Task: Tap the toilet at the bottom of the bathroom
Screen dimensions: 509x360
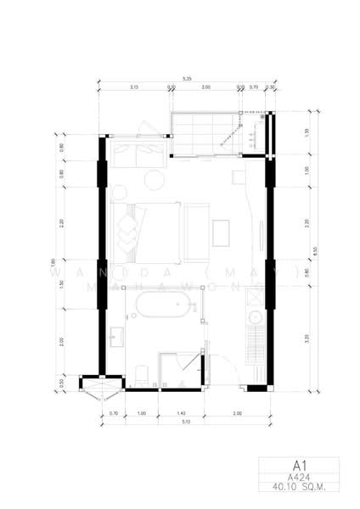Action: tap(143, 371)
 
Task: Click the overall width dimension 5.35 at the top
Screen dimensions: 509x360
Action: tap(186, 80)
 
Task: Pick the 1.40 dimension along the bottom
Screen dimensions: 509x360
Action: tap(180, 412)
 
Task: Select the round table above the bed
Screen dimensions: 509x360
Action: tap(155, 180)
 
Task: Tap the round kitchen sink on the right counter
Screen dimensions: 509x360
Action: tap(255, 320)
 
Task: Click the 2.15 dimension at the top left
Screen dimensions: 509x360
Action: tap(134, 87)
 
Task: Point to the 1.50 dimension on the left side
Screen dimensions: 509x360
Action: tap(62, 283)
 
